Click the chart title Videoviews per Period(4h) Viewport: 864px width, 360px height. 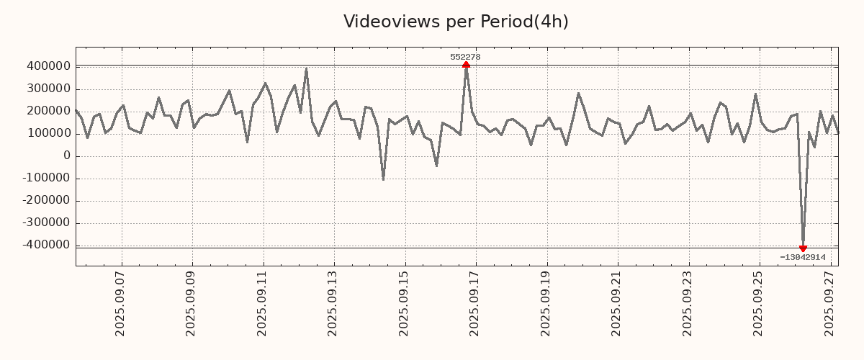coord(456,22)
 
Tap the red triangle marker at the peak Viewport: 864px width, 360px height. coord(466,65)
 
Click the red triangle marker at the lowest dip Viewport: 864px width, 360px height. coord(803,248)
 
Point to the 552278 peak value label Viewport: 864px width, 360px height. coord(465,57)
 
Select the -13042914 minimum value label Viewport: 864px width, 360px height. coord(802,257)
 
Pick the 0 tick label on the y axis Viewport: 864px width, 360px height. coord(66,156)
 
